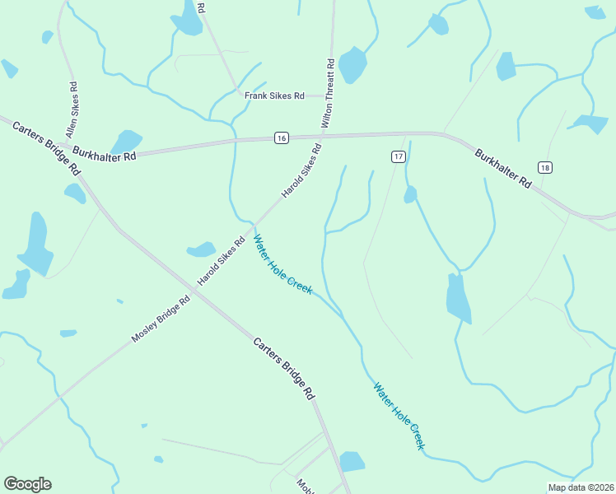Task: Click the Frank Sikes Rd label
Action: (x=274, y=96)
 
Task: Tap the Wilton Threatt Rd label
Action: (x=329, y=91)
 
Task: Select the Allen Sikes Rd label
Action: (x=72, y=109)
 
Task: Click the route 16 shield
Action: (x=282, y=138)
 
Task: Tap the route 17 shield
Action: (x=398, y=156)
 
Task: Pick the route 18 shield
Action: (x=545, y=168)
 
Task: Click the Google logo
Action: (x=27, y=484)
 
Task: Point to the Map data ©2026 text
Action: (x=581, y=487)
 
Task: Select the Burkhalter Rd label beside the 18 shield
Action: (x=503, y=167)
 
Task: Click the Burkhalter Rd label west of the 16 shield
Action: (x=104, y=153)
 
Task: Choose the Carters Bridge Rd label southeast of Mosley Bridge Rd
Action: (x=284, y=368)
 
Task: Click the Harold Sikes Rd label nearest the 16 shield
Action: (x=301, y=169)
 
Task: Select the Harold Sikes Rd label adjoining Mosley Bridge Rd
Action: (x=221, y=263)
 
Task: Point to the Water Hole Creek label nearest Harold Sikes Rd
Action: (x=282, y=265)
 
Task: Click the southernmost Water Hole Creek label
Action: (x=399, y=415)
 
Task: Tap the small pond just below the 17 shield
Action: (x=410, y=195)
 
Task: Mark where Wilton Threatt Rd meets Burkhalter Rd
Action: (x=331, y=134)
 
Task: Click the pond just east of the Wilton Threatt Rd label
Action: (x=352, y=65)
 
